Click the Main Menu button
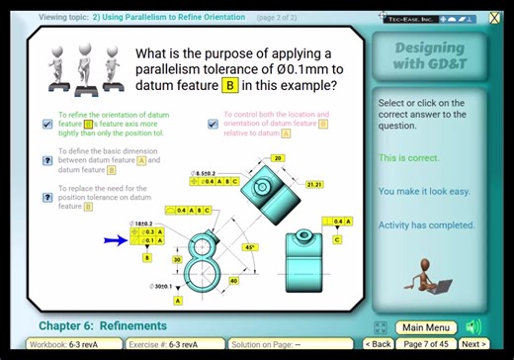pyautogui.click(x=427, y=327)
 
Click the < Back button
pyautogui.click(x=379, y=344)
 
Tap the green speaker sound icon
pyautogui.click(x=473, y=326)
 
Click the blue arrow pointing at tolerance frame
pyautogui.click(x=116, y=239)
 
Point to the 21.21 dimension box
pyautogui.click(x=314, y=184)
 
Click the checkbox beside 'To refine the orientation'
pyautogui.click(x=47, y=125)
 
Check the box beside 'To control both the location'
pyautogui.click(x=213, y=125)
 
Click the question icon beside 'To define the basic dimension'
pyautogui.click(x=47, y=160)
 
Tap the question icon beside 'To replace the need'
pyautogui.click(x=47, y=196)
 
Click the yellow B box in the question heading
pyautogui.click(x=230, y=86)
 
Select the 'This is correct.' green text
pyautogui.click(x=407, y=158)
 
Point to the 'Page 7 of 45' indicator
pyautogui.click(x=427, y=344)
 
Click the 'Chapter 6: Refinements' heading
pyautogui.click(x=103, y=325)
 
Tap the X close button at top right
pyautogui.click(x=495, y=17)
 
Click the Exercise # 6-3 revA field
pyautogui.click(x=176, y=344)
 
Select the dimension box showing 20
pyautogui.click(x=278, y=158)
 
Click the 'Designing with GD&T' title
pyautogui.click(x=430, y=55)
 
